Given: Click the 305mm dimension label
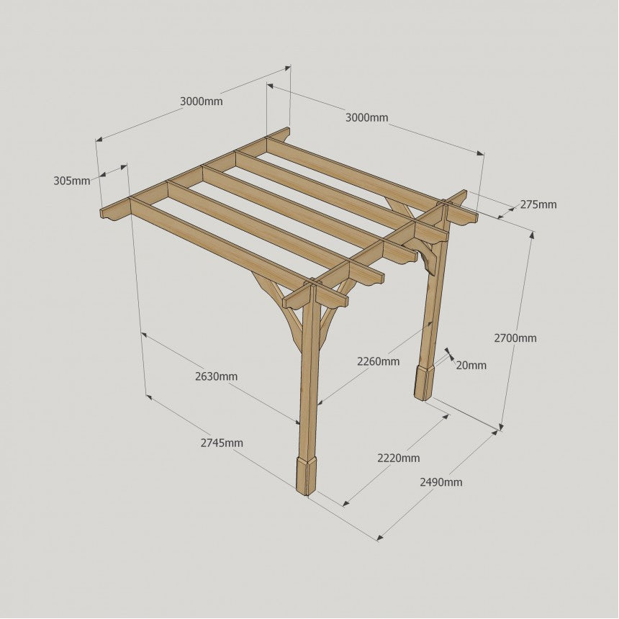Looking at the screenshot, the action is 72,181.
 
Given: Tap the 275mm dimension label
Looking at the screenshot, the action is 538,204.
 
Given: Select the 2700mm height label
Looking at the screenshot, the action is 515,338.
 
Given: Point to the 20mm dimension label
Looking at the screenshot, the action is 471,365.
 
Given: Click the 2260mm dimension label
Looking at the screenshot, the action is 378,361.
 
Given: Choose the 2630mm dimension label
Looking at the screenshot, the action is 217,376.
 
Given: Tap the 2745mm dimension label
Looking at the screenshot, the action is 222,443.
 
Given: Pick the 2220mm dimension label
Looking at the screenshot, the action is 398,458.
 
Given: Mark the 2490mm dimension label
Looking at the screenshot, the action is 441,482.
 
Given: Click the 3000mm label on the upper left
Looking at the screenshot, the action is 202,101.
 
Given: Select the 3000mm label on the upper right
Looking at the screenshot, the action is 367,117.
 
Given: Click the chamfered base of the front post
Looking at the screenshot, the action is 307,476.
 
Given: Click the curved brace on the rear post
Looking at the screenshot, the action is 420,256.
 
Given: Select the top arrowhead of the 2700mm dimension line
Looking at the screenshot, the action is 533,235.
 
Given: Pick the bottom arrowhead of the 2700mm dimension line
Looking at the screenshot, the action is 502,426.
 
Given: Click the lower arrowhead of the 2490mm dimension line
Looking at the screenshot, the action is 380,537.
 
